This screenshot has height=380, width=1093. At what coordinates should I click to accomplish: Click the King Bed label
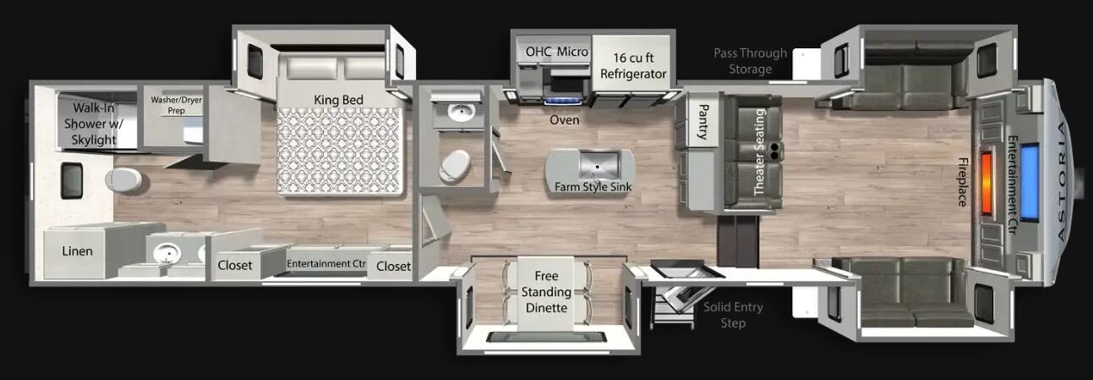[x=338, y=100]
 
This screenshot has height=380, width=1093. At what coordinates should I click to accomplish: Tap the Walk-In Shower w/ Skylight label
[x=93, y=124]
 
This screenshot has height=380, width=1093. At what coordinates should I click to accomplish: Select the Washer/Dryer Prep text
[x=176, y=105]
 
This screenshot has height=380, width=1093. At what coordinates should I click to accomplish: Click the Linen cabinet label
[x=77, y=251]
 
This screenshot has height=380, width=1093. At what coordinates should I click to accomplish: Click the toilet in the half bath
[x=455, y=166]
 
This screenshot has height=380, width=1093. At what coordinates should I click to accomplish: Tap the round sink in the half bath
[x=458, y=113]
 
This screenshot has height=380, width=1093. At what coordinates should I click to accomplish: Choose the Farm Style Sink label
[x=593, y=186]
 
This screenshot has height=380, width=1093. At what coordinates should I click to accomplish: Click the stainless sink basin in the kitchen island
[x=598, y=164]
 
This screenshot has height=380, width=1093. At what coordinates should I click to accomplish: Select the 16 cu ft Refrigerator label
[x=633, y=66]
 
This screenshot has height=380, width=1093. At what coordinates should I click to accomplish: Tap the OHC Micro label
[x=557, y=52]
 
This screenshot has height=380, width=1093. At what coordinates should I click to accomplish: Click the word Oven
[x=565, y=120]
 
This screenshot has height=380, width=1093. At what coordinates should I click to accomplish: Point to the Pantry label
[x=703, y=122]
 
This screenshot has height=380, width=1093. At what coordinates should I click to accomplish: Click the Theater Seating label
[x=760, y=151]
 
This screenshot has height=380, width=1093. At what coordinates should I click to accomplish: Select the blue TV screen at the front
[x=1030, y=182]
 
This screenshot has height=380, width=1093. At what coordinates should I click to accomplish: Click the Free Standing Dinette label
[x=546, y=292]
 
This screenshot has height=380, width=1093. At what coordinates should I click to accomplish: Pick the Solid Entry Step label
[x=733, y=315]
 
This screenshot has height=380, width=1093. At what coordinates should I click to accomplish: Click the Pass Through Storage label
[x=750, y=61]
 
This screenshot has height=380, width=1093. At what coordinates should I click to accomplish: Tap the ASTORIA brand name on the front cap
[x=1063, y=181]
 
